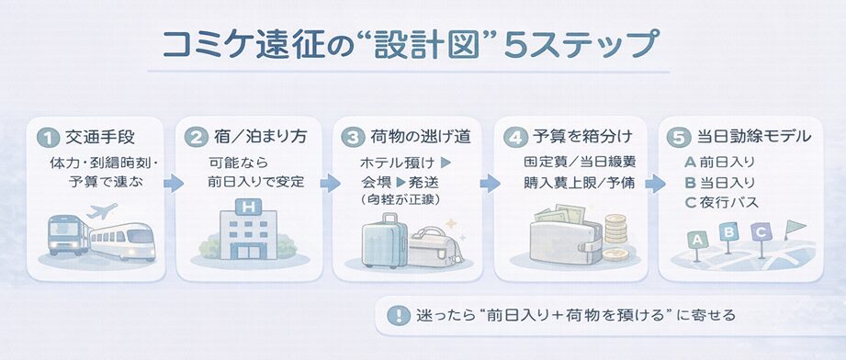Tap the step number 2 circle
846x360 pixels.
pyautogui.click(x=196, y=139)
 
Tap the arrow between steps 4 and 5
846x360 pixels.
pyautogui.click(x=653, y=183)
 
